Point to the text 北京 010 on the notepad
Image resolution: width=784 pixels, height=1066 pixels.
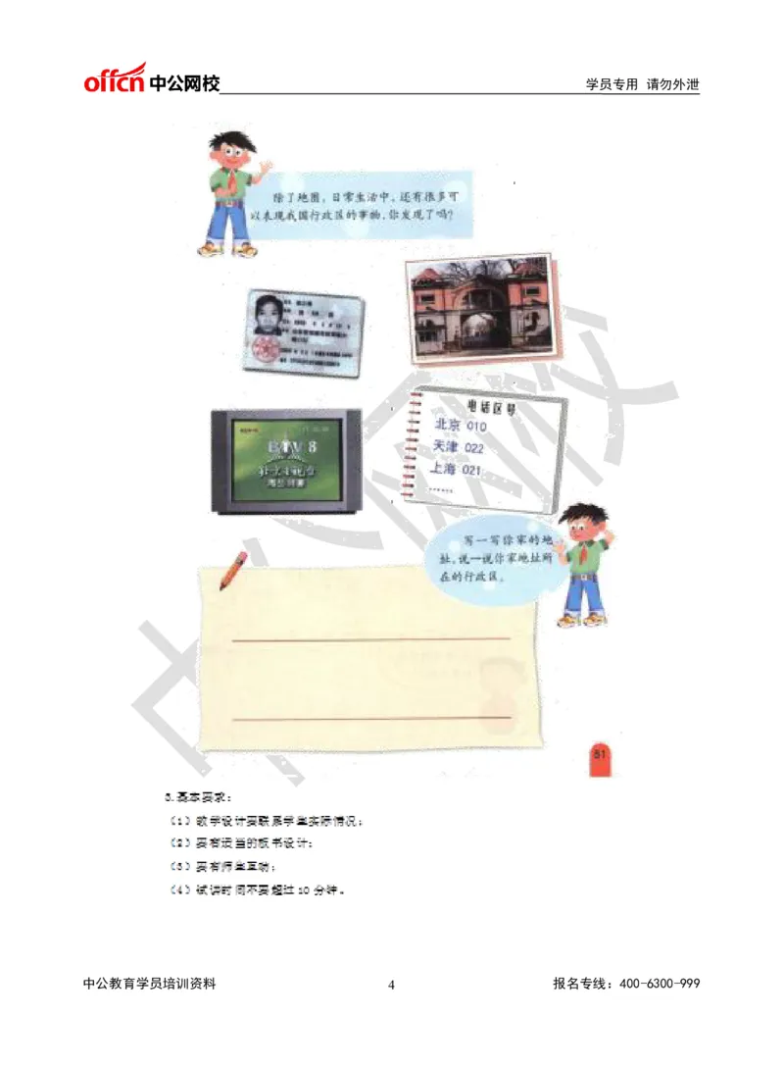(460, 426)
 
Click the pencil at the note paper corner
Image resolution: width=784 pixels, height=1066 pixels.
(234, 569)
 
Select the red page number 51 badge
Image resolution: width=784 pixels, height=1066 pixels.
(601, 753)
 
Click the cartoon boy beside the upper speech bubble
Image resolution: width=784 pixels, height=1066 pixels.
(233, 190)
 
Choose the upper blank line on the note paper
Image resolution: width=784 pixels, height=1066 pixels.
(371, 639)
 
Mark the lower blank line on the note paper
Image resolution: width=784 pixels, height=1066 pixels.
(371, 718)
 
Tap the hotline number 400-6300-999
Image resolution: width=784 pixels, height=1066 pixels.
(659, 985)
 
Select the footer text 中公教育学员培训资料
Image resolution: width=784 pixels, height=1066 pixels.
(150, 985)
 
